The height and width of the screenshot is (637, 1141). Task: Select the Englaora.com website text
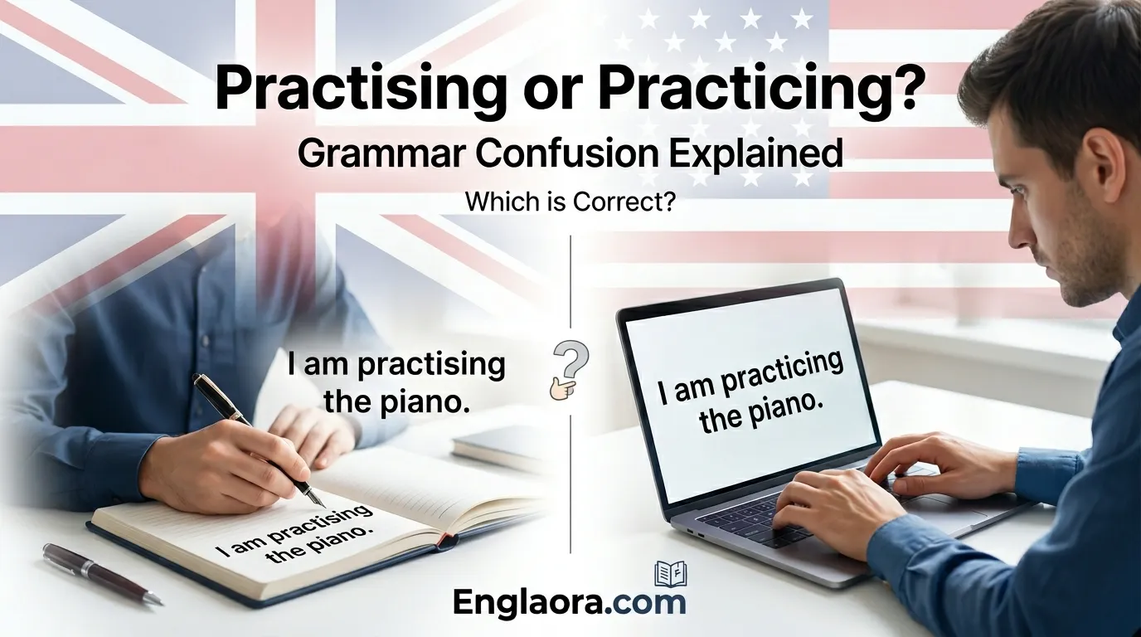(x=570, y=603)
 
